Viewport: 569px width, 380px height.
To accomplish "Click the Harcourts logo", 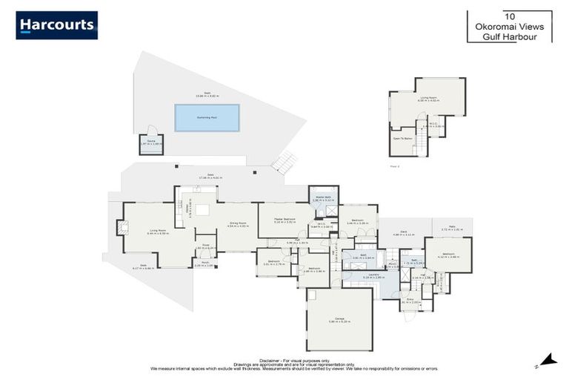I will point(56,25).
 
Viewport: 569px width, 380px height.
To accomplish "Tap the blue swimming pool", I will point(207,117).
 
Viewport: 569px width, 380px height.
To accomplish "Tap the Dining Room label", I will point(236,225).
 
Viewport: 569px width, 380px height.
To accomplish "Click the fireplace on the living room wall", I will point(117,228).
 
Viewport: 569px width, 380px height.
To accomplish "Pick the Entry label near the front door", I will point(410,301).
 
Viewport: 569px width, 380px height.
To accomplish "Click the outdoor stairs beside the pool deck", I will point(284,161).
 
